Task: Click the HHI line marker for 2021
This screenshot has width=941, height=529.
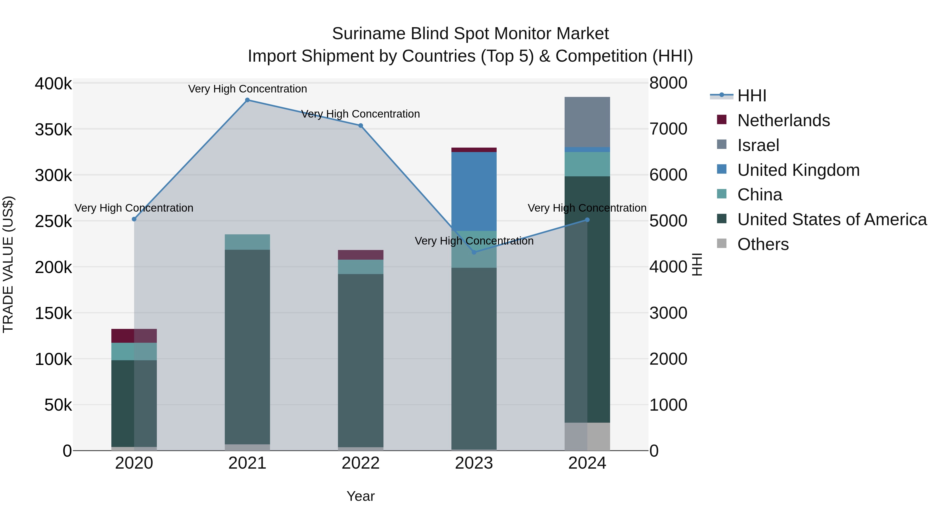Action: tap(247, 100)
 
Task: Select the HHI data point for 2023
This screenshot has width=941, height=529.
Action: tap(474, 252)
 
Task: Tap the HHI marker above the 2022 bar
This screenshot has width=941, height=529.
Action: tap(360, 126)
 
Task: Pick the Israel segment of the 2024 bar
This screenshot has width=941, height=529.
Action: tap(587, 122)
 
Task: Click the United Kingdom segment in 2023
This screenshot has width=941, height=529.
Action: tap(474, 191)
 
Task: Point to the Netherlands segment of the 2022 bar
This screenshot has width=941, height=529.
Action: tap(360, 255)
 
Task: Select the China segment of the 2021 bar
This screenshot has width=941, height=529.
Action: tap(247, 242)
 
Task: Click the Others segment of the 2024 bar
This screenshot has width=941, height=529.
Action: tap(587, 436)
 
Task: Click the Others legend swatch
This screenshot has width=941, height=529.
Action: tap(722, 243)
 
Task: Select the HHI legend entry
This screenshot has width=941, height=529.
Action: tap(751, 96)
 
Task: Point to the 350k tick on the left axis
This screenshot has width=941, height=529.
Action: tap(53, 130)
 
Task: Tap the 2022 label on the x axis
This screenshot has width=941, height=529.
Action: tap(360, 463)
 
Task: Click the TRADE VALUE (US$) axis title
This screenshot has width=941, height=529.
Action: tap(8, 264)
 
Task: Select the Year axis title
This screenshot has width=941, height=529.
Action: tap(360, 496)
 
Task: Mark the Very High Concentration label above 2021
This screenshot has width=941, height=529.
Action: tap(247, 89)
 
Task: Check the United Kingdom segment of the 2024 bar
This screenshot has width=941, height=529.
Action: tap(587, 150)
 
